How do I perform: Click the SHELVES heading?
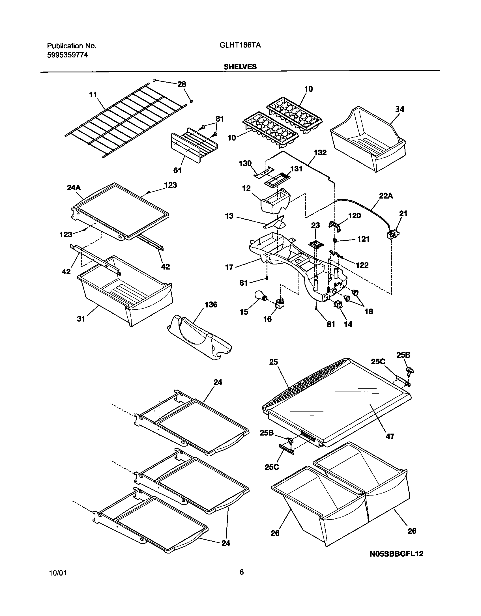coord(240,67)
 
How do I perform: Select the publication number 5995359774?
coord(67,55)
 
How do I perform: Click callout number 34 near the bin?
coord(400,109)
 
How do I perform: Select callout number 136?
coord(211,305)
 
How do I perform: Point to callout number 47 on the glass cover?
coord(390,436)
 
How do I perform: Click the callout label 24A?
coord(74,188)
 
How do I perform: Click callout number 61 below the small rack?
coord(177,170)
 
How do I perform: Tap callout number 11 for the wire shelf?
coord(93,94)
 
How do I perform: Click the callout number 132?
coord(320,153)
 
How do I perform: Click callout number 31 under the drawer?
coord(81,319)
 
